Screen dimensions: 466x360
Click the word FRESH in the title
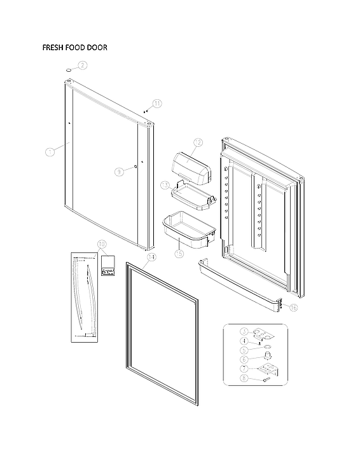[54, 48]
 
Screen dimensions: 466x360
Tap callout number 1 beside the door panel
[50, 151]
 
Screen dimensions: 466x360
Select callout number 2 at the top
[83, 65]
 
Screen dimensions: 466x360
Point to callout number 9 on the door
[119, 171]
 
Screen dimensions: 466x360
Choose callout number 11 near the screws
[157, 103]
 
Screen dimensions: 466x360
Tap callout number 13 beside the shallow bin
[165, 185]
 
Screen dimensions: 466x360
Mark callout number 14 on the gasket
[151, 257]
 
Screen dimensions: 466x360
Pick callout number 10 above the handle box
[102, 245]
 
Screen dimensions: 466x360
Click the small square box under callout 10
[108, 266]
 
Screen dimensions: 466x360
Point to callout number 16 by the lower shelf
[293, 308]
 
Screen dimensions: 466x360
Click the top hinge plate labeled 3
[261, 332]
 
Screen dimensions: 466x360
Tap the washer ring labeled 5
[267, 348]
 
